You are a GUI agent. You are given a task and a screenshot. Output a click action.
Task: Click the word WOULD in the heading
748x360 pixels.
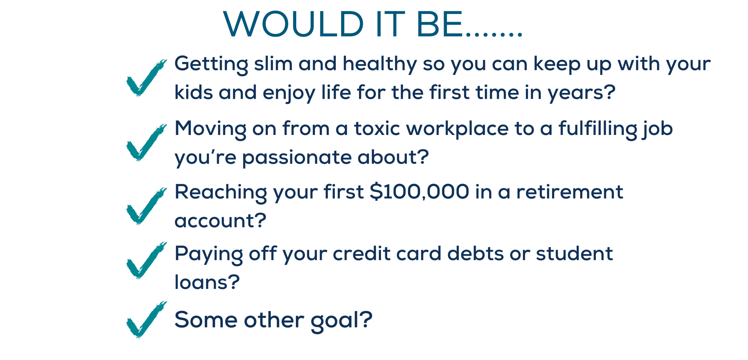click(x=294, y=24)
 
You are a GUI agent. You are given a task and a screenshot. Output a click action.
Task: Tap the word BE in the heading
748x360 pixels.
click(x=440, y=24)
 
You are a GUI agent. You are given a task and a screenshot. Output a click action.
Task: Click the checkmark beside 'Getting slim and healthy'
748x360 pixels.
click(x=146, y=78)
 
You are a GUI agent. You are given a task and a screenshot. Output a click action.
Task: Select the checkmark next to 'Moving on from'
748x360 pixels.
click(x=146, y=142)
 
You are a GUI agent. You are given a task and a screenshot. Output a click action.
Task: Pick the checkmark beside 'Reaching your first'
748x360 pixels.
click(x=146, y=206)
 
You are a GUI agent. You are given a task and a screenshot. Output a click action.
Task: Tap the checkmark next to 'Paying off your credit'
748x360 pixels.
click(x=146, y=260)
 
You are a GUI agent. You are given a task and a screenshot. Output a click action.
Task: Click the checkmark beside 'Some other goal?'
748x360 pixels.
click(x=146, y=320)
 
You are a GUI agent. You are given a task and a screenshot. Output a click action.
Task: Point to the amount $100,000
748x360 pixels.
click(x=419, y=192)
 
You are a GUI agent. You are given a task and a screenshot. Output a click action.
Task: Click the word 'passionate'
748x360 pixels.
click(x=297, y=158)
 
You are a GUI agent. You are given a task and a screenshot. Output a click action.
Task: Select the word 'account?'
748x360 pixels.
click(x=220, y=221)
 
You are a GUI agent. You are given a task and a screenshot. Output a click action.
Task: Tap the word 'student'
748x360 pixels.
click(x=574, y=253)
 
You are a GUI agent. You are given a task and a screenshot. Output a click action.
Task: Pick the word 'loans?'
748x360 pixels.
click(x=207, y=282)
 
